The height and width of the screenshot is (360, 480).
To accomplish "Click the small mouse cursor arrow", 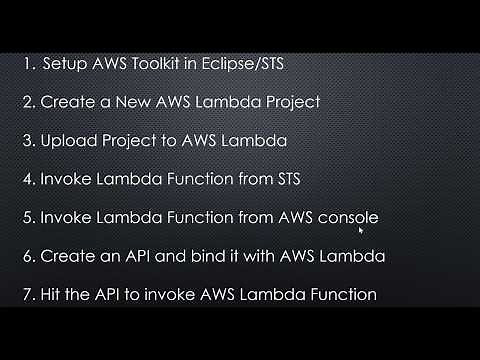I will point(360,229).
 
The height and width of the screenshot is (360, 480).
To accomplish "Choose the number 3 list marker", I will point(26,141).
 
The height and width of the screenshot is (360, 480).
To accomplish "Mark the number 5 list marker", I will point(26,217).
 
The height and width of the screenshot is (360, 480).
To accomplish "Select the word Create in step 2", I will point(68,103).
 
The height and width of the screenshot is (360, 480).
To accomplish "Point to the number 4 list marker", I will point(26,179).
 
